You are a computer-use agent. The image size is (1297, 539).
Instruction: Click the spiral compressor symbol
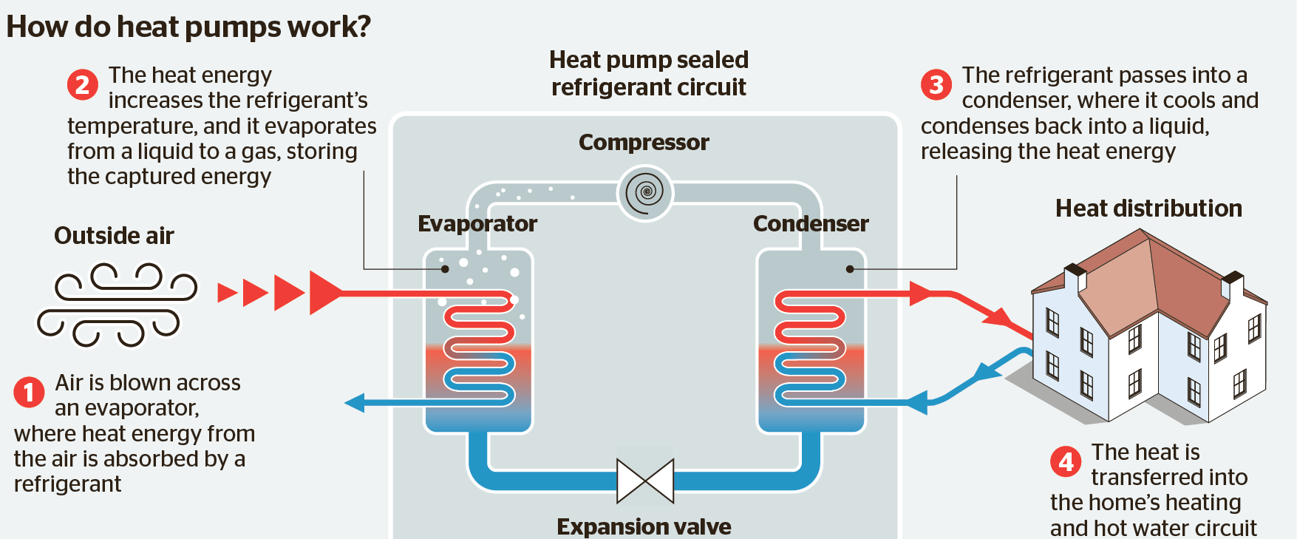(645, 192)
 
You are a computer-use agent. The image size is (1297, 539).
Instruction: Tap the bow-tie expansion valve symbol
(645, 481)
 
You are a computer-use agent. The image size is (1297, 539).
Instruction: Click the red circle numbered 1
(29, 392)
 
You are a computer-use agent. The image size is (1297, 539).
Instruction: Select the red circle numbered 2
(83, 85)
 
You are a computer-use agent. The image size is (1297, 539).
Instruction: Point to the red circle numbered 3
(936, 85)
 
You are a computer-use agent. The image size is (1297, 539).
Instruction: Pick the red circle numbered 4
(1066, 462)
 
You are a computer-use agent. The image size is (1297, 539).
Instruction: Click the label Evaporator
(477, 223)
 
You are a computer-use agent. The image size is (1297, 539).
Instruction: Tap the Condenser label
(811, 223)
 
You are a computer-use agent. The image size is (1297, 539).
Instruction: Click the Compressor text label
(644, 142)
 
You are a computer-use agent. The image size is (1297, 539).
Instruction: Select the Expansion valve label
(644, 526)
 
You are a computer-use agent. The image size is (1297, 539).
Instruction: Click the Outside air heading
(114, 236)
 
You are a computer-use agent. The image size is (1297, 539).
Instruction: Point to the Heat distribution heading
(1148, 209)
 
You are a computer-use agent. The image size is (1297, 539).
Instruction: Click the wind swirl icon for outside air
(117, 304)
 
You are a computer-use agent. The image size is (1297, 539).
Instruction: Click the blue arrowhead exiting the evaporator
(355, 403)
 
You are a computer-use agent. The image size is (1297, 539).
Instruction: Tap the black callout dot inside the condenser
(850, 269)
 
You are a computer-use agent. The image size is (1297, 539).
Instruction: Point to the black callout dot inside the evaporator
(445, 269)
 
